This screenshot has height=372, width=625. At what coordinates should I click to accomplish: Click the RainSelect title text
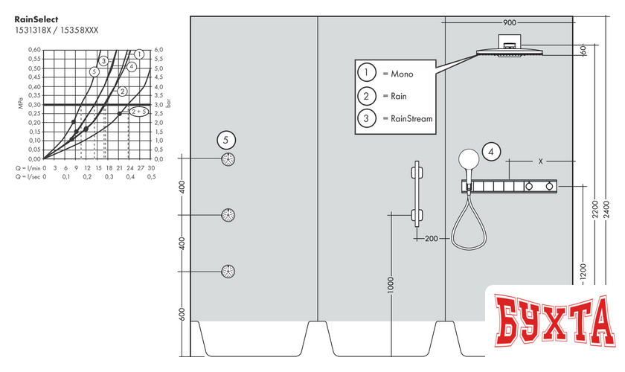point(35,19)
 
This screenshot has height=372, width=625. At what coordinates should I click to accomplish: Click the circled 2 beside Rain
point(366,96)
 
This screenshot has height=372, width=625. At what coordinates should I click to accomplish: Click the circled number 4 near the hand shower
point(490,152)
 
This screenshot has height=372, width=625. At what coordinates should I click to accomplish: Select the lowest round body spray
point(229,272)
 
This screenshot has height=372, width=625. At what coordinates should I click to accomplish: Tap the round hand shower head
point(469,158)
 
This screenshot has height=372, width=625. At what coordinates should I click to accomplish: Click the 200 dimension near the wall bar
point(431,239)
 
